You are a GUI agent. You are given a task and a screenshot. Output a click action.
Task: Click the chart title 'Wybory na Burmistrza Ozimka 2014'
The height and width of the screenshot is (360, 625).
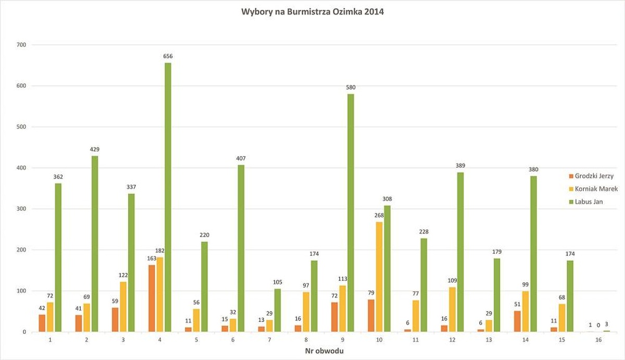tap(312, 11)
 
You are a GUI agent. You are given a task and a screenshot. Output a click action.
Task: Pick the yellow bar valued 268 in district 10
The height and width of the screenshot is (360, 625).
tap(379, 277)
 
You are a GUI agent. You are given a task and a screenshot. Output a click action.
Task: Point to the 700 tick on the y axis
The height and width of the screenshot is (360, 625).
tap(22, 45)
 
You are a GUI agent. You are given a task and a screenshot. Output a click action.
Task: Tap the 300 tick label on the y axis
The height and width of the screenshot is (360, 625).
tap(22, 209)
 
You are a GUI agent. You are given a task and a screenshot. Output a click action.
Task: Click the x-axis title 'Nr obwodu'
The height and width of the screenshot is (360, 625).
tap(324, 351)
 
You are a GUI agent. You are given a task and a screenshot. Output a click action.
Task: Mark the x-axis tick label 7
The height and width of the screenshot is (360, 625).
tap(269, 339)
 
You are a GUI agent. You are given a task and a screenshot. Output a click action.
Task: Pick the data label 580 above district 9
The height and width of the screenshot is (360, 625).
tap(351, 88)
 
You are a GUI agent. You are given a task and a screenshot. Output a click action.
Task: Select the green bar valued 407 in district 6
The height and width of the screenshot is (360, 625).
tap(241, 248)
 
